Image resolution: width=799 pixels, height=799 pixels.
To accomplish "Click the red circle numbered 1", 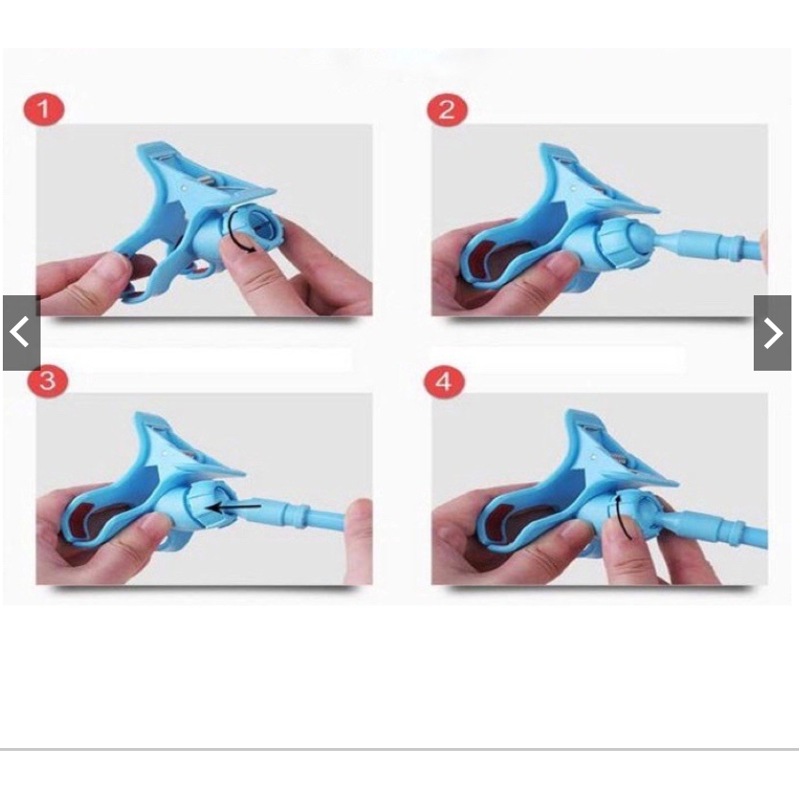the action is (x=43, y=109).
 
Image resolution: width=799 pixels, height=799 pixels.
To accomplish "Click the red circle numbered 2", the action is (x=447, y=109).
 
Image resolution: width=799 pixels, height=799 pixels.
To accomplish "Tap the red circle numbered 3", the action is (x=47, y=381).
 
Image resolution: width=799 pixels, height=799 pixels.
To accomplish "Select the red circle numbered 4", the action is (x=444, y=381).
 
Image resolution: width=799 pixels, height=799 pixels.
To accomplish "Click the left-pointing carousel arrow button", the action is (x=22, y=332).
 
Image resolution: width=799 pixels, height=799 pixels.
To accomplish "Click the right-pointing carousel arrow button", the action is (x=773, y=332).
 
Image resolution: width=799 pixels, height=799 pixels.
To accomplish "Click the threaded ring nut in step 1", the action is (x=253, y=229).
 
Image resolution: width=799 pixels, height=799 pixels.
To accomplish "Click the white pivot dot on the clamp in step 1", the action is (x=183, y=188).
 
